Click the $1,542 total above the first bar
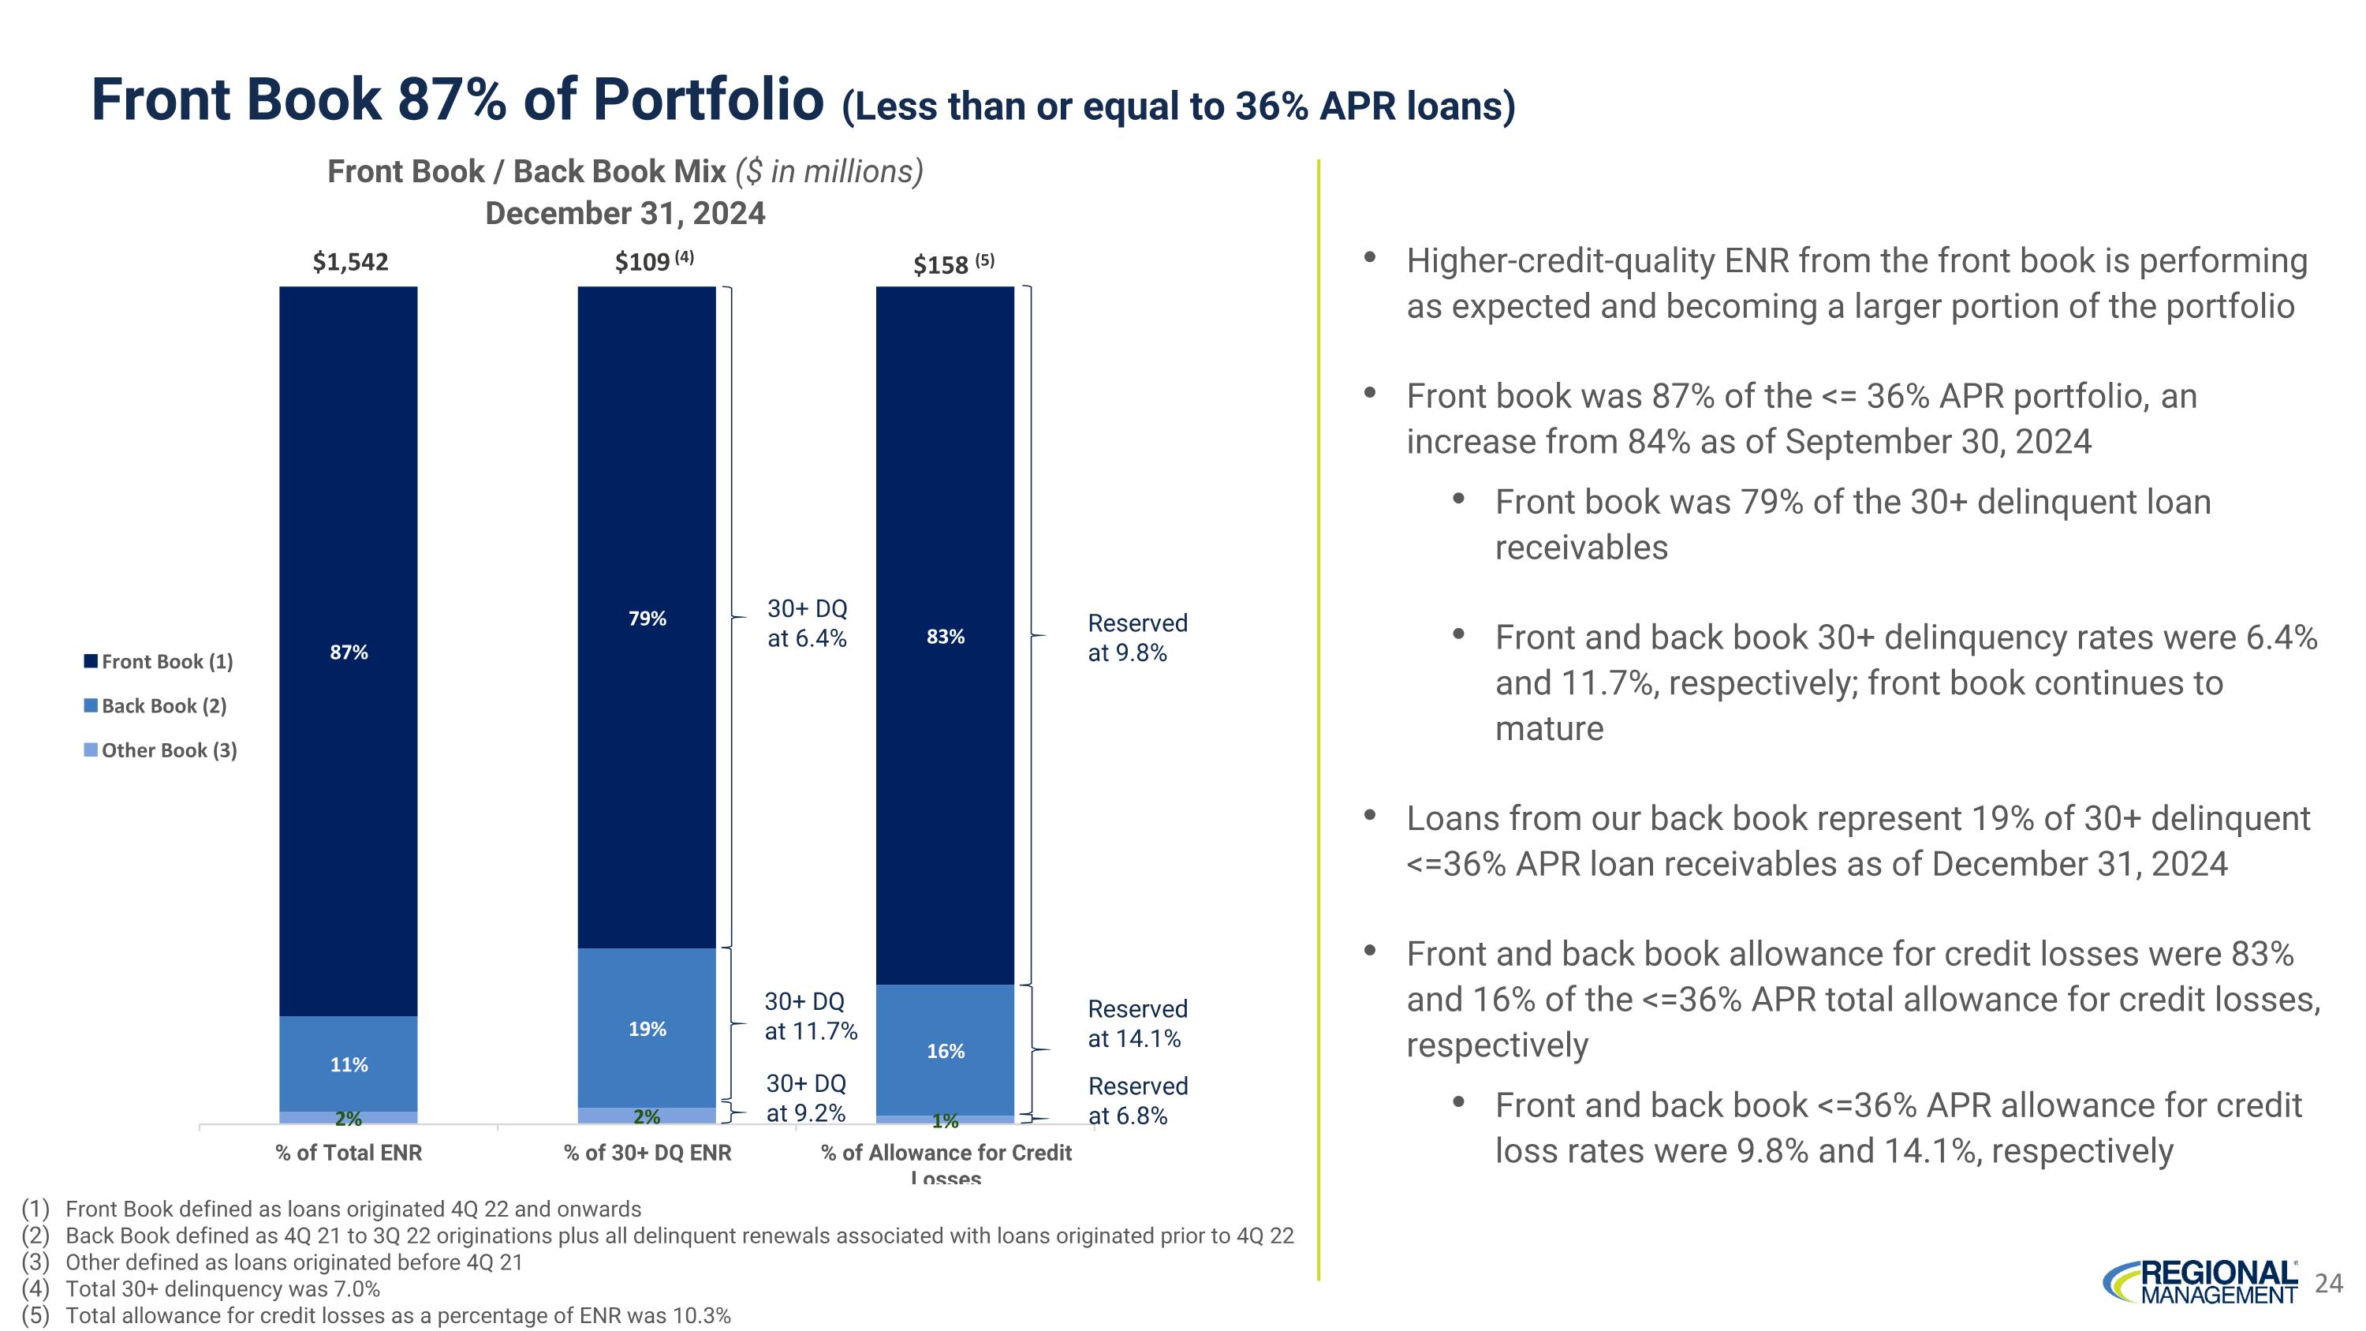click(350, 263)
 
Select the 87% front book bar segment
click(348, 651)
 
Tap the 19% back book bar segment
click(647, 1028)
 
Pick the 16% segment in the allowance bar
click(945, 1051)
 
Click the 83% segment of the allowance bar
click(945, 636)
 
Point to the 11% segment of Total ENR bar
click(348, 1064)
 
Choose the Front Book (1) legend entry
click(159, 661)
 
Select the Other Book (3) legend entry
click(161, 750)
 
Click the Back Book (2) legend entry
click(156, 705)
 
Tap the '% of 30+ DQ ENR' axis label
click(647, 1153)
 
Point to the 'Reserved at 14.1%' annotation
click(1136, 1023)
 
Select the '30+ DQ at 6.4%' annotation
click(807, 623)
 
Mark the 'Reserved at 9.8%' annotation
click(1136, 637)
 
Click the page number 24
click(2328, 1283)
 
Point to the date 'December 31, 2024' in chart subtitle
click(625, 213)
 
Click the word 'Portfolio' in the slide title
click(707, 99)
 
